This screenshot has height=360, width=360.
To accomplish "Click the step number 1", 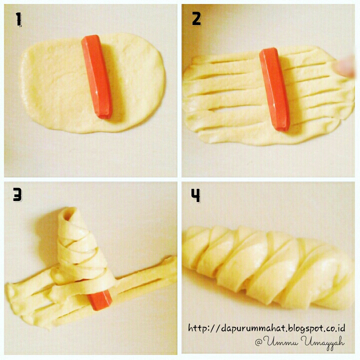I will [x=18, y=19].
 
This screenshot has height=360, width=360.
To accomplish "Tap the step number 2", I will [x=196, y=19].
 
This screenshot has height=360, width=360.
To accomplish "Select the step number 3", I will [x=18, y=194].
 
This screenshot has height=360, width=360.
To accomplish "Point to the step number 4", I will [x=195, y=195].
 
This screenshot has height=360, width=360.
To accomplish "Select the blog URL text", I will [x=266, y=328].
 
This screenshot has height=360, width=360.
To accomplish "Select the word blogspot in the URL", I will [x=301, y=328].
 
